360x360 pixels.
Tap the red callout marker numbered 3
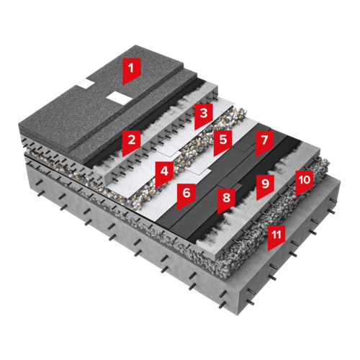tap(204, 117)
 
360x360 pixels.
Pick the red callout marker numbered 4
tap(164, 174)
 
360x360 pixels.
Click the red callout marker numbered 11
tap(276, 238)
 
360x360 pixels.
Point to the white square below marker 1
tap(120, 98)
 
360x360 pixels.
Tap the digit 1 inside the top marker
tap(131, 68)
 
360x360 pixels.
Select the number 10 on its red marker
tap(305, 180)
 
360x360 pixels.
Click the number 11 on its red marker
tap(276, 235)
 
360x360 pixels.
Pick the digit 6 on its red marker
tap(186, 193)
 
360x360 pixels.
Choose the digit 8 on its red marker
tap(226, 198)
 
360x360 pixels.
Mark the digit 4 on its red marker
tap(164, 171)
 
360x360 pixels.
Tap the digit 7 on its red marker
tap(264, 140)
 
